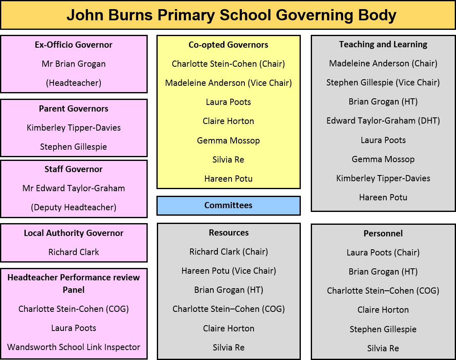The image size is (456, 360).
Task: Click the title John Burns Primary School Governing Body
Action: point(231,15)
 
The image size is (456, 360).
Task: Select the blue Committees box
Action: point(229,206)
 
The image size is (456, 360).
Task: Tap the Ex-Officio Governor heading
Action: point(73,45)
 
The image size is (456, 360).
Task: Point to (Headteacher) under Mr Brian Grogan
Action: point(73,83)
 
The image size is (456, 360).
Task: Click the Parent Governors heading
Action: point(73,109)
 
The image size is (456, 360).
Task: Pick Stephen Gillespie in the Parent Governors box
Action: point(73,147)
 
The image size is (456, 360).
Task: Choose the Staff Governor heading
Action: point(73,169)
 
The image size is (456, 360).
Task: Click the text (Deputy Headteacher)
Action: point(73,207)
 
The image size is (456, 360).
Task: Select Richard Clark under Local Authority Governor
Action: point(73,252)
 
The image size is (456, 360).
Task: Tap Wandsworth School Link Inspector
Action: point(73,347)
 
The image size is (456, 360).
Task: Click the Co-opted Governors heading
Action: point(228,45)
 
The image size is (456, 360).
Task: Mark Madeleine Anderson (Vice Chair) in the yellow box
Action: point(228,83)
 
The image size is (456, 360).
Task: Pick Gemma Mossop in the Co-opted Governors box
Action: point(228,141)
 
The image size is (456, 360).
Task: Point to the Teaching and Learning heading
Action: point(383,44)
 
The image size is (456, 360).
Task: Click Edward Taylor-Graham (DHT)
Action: point(383,121)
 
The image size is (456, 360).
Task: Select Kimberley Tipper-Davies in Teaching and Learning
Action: point(383,178)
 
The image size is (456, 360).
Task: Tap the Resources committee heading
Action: point(229,233)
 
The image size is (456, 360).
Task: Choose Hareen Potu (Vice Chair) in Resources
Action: point(229,271)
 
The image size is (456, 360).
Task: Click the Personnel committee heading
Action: point(383,234)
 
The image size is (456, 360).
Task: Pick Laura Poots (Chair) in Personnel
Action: point(383,253)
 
